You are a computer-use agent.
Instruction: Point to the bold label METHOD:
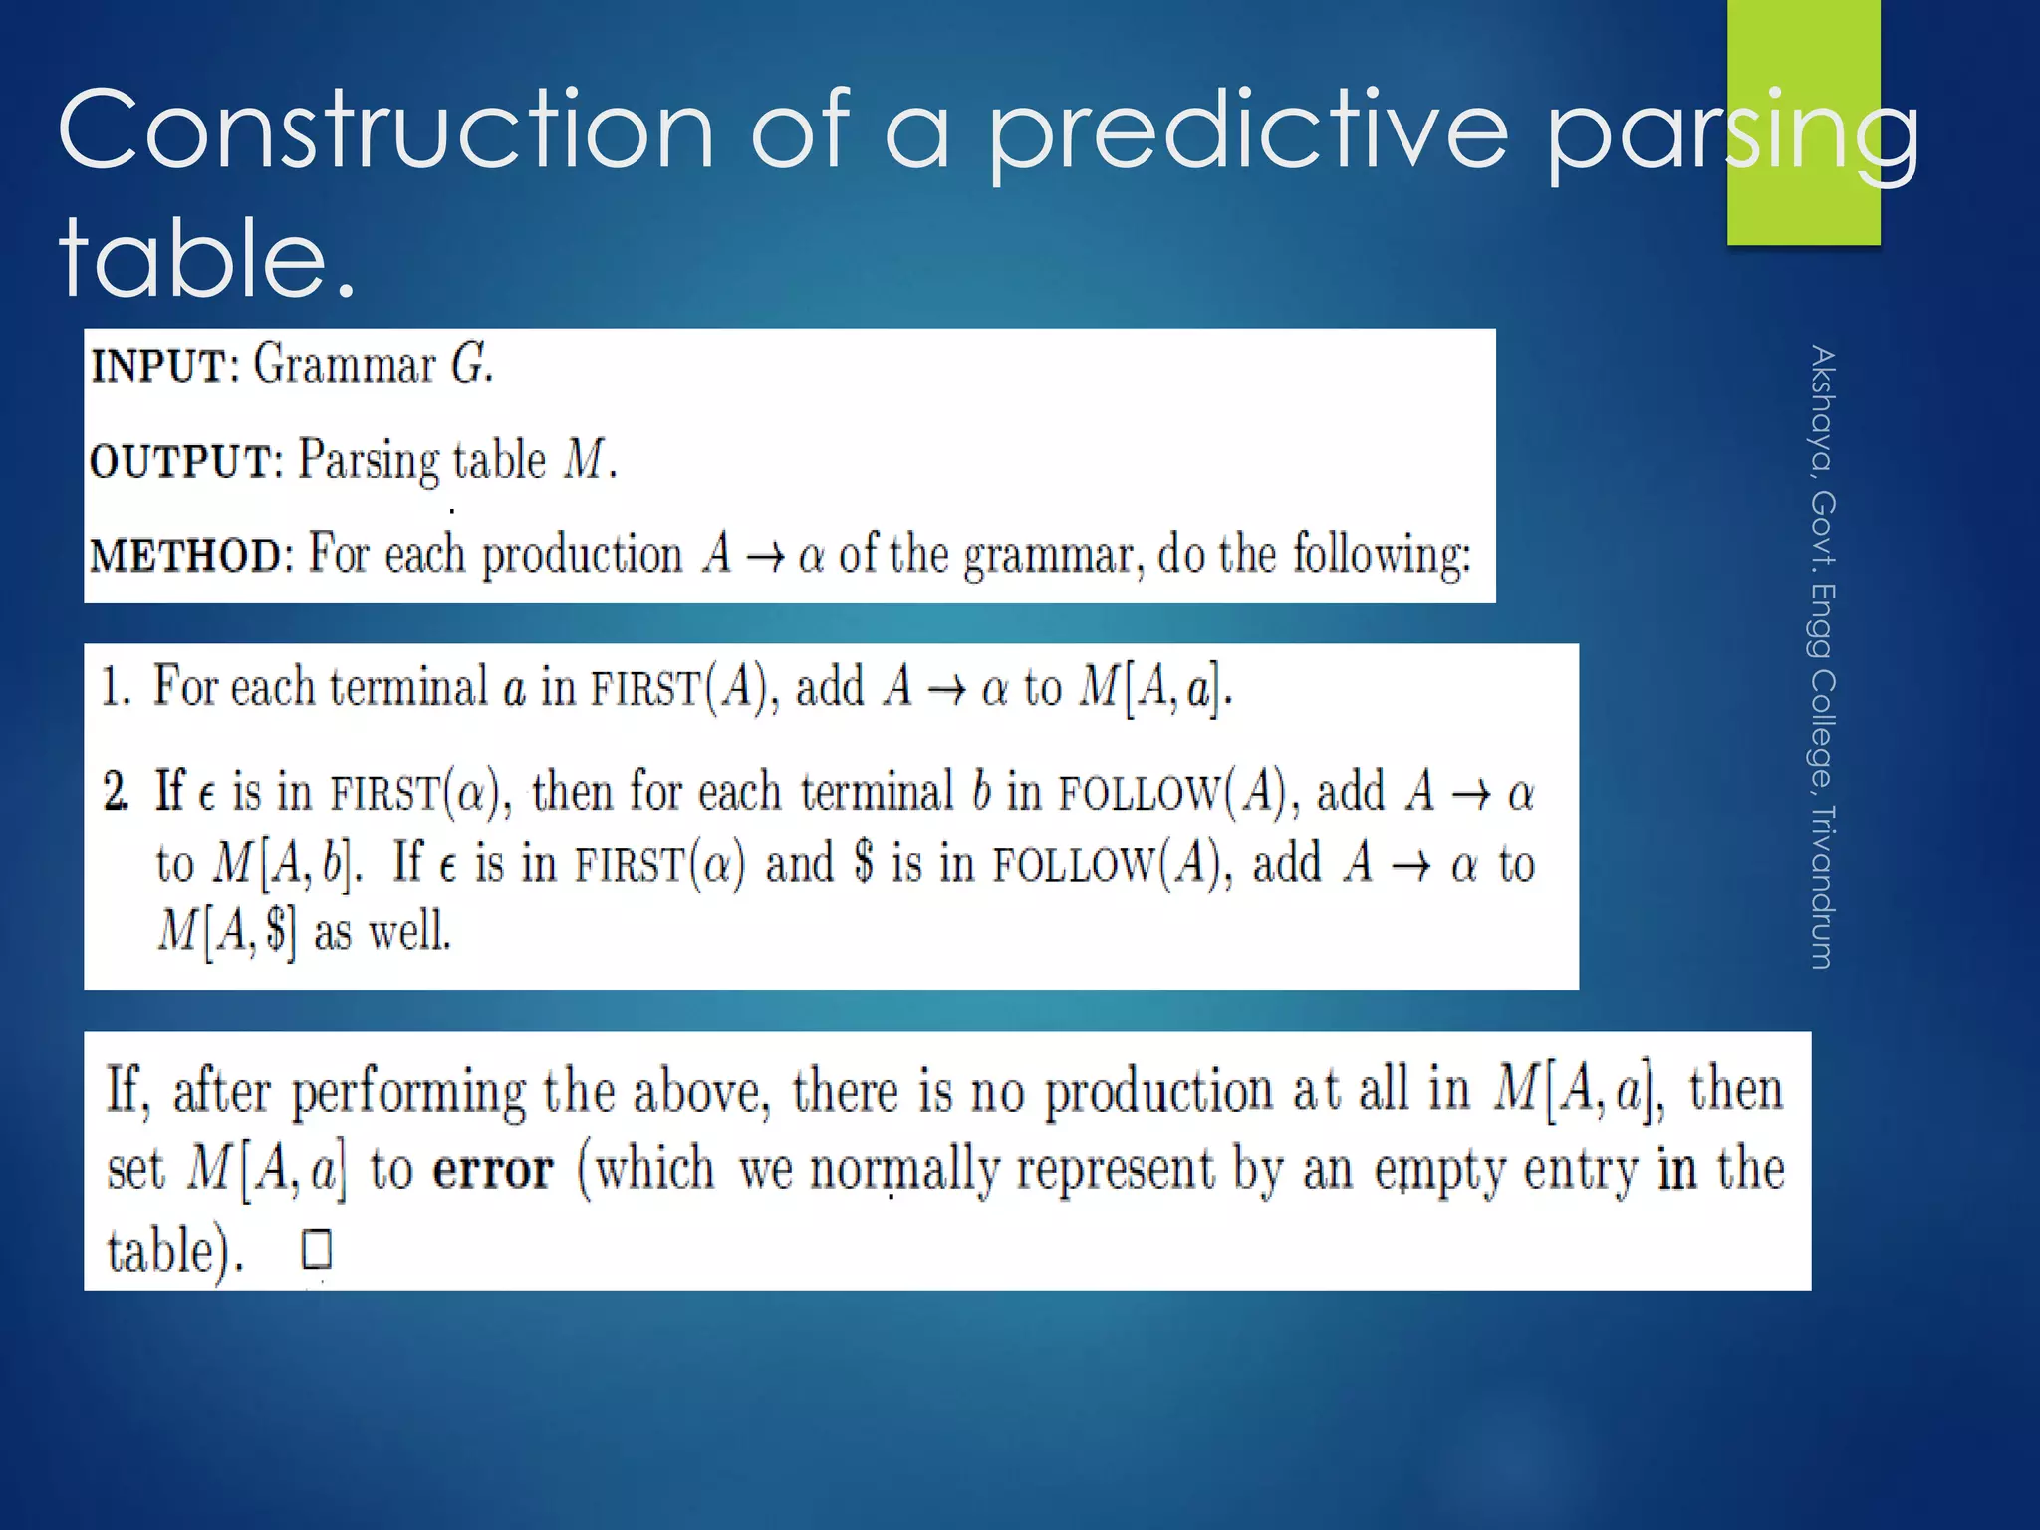(190, 555)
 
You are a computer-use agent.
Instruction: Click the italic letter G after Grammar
(469, 364)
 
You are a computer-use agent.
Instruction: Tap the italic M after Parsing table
(585, 460)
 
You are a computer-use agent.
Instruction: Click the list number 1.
(115, 687)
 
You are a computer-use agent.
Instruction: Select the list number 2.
(116, 792)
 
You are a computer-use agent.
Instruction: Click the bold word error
(492, 1170)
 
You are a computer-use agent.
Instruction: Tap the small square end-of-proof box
(317, 1249)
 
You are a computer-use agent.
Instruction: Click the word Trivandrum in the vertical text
(1822, 887)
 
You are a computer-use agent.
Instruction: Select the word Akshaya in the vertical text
(1822, 408)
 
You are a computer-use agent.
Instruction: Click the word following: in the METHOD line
(1381, 555)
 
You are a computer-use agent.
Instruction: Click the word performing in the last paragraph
(407, 1092)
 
